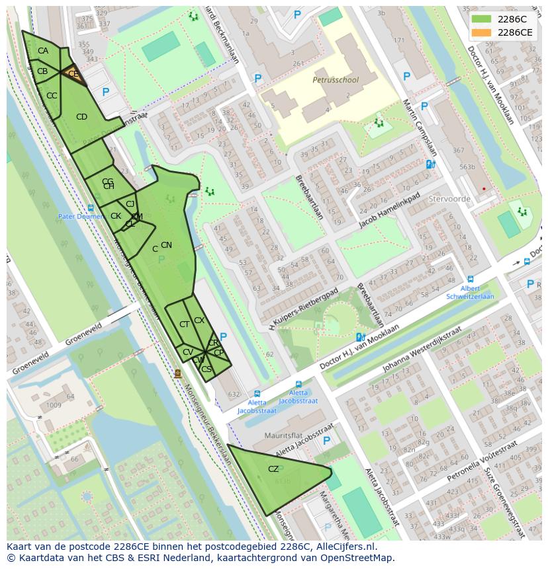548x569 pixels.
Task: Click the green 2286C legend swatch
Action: coord(482,19)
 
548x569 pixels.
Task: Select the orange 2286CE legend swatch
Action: coord(482,32)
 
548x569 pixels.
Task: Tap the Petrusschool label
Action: coord(335,80)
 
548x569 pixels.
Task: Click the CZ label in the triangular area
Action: coord(273,469)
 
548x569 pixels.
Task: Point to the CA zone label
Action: coord(43,51)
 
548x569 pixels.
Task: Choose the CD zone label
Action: coord(81,117)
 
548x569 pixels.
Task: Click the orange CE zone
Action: coord(73,75)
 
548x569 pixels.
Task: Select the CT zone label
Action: coord(184,324)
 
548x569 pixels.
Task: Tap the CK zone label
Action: coord(115,216)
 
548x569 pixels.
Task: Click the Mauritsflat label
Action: coord(264,437)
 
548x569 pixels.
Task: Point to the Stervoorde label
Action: coord(449,198)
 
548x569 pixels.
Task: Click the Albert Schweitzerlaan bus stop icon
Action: coord(471,280)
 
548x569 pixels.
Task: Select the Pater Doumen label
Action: coord(80,216)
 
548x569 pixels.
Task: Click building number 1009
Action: coord(54,405)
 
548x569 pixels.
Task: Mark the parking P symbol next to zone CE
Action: coord(105,93)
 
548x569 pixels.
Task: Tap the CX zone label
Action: coord(199,321)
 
